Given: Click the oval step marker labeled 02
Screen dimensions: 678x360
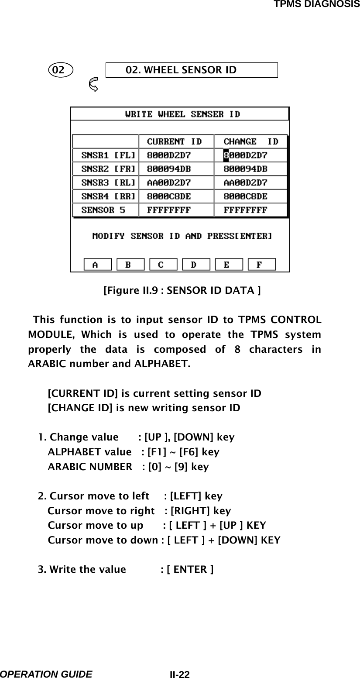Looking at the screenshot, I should tap(61, 70).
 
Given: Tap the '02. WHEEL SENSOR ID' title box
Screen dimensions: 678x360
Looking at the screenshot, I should tap(192, 70).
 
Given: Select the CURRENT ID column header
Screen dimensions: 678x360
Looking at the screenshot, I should tap(175, 141).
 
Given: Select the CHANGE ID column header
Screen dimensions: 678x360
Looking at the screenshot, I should tap(251, 141).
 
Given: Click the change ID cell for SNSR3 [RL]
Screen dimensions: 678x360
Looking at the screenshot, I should tap(245, 182).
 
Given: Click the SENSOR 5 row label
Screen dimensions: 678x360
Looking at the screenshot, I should tap(103, 210).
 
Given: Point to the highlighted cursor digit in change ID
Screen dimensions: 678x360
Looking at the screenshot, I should tap(226, 155).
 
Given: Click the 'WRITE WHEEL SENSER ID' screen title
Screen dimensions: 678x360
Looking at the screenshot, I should tap(182, 114).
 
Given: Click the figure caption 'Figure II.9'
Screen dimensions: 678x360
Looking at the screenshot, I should tap(182, 290).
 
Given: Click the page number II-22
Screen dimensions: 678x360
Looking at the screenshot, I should tap(180, 675).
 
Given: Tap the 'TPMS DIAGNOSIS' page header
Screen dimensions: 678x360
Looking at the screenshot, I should tap(316, 4).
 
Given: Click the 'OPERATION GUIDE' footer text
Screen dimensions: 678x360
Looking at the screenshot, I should tap(46, 674).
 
